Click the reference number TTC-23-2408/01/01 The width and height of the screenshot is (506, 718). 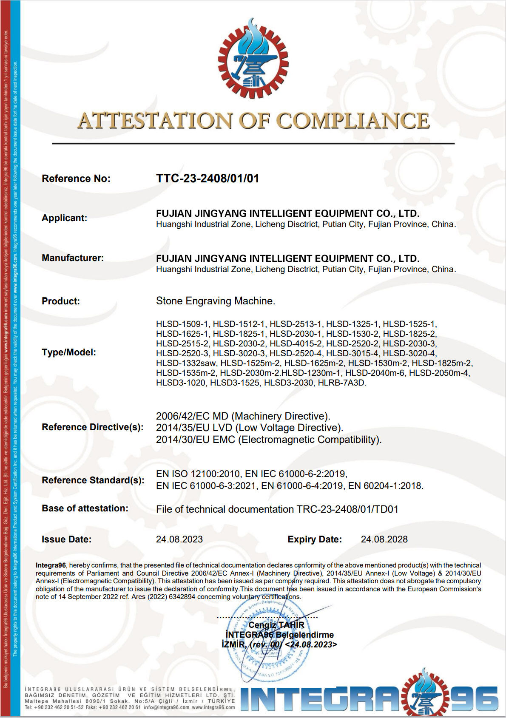click(x=208, y=179)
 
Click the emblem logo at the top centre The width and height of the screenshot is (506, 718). click(x=253, y=59)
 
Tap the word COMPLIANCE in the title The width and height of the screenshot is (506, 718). click(x=353, y=121)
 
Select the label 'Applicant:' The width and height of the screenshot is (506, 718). click(x=64, y=218)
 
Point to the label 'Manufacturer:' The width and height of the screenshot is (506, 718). click(x=73, y=258)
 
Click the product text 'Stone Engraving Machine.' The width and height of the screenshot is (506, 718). click(x=216, y=301)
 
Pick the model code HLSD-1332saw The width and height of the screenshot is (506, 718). click(x=186, y=363)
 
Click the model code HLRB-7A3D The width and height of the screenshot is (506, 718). click(x=342, y=383)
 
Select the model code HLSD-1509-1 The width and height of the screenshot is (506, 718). click(x=182, y=324)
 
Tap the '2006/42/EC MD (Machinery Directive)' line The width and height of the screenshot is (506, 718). click(x=243, y=416)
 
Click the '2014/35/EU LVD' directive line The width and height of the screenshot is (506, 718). click(x=249, y=428)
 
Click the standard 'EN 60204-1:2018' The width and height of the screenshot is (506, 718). click(x=385, y=486)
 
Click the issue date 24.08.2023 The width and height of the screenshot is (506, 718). click(x=179, y=539)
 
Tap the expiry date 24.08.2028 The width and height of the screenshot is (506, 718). click(x=384, y=539)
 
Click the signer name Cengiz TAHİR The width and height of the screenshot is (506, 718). click(x=276, y=625)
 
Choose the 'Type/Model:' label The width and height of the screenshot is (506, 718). click(x=69, y=352)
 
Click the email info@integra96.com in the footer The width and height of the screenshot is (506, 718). click(x=166, y=707)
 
